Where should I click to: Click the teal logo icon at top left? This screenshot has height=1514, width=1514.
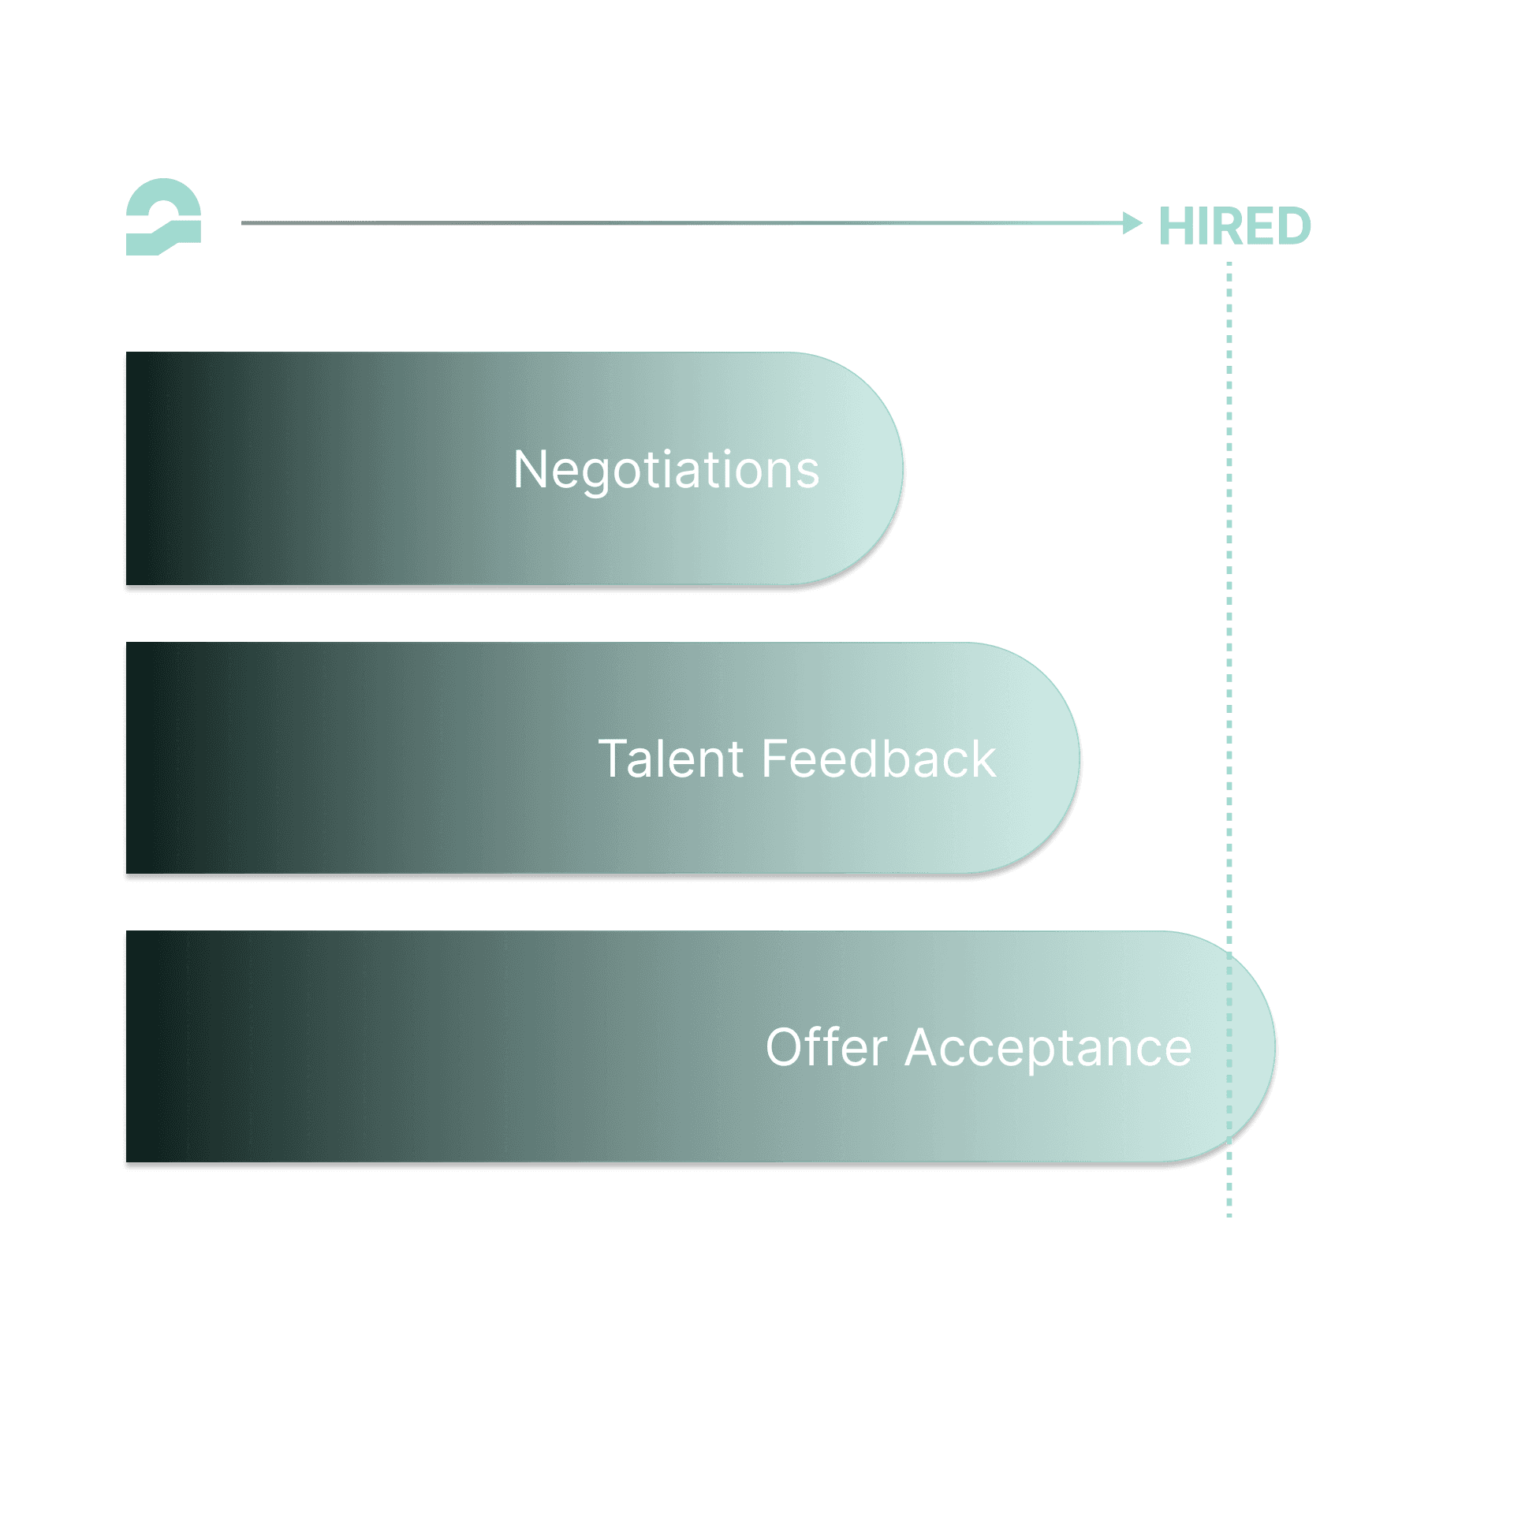163,218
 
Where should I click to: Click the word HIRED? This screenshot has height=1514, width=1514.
1234,227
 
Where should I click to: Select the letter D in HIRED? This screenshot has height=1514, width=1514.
1292,227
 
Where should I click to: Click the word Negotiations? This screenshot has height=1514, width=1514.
666,471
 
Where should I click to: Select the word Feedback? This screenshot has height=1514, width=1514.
878,759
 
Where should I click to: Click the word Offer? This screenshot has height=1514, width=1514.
826,1049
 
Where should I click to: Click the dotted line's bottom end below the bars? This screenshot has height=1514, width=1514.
1229,1213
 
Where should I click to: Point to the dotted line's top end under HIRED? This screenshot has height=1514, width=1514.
1229,267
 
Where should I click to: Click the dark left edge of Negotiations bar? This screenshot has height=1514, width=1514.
134,470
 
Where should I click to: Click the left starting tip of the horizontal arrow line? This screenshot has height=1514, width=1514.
244,223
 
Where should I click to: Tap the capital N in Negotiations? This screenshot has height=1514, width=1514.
529,470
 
